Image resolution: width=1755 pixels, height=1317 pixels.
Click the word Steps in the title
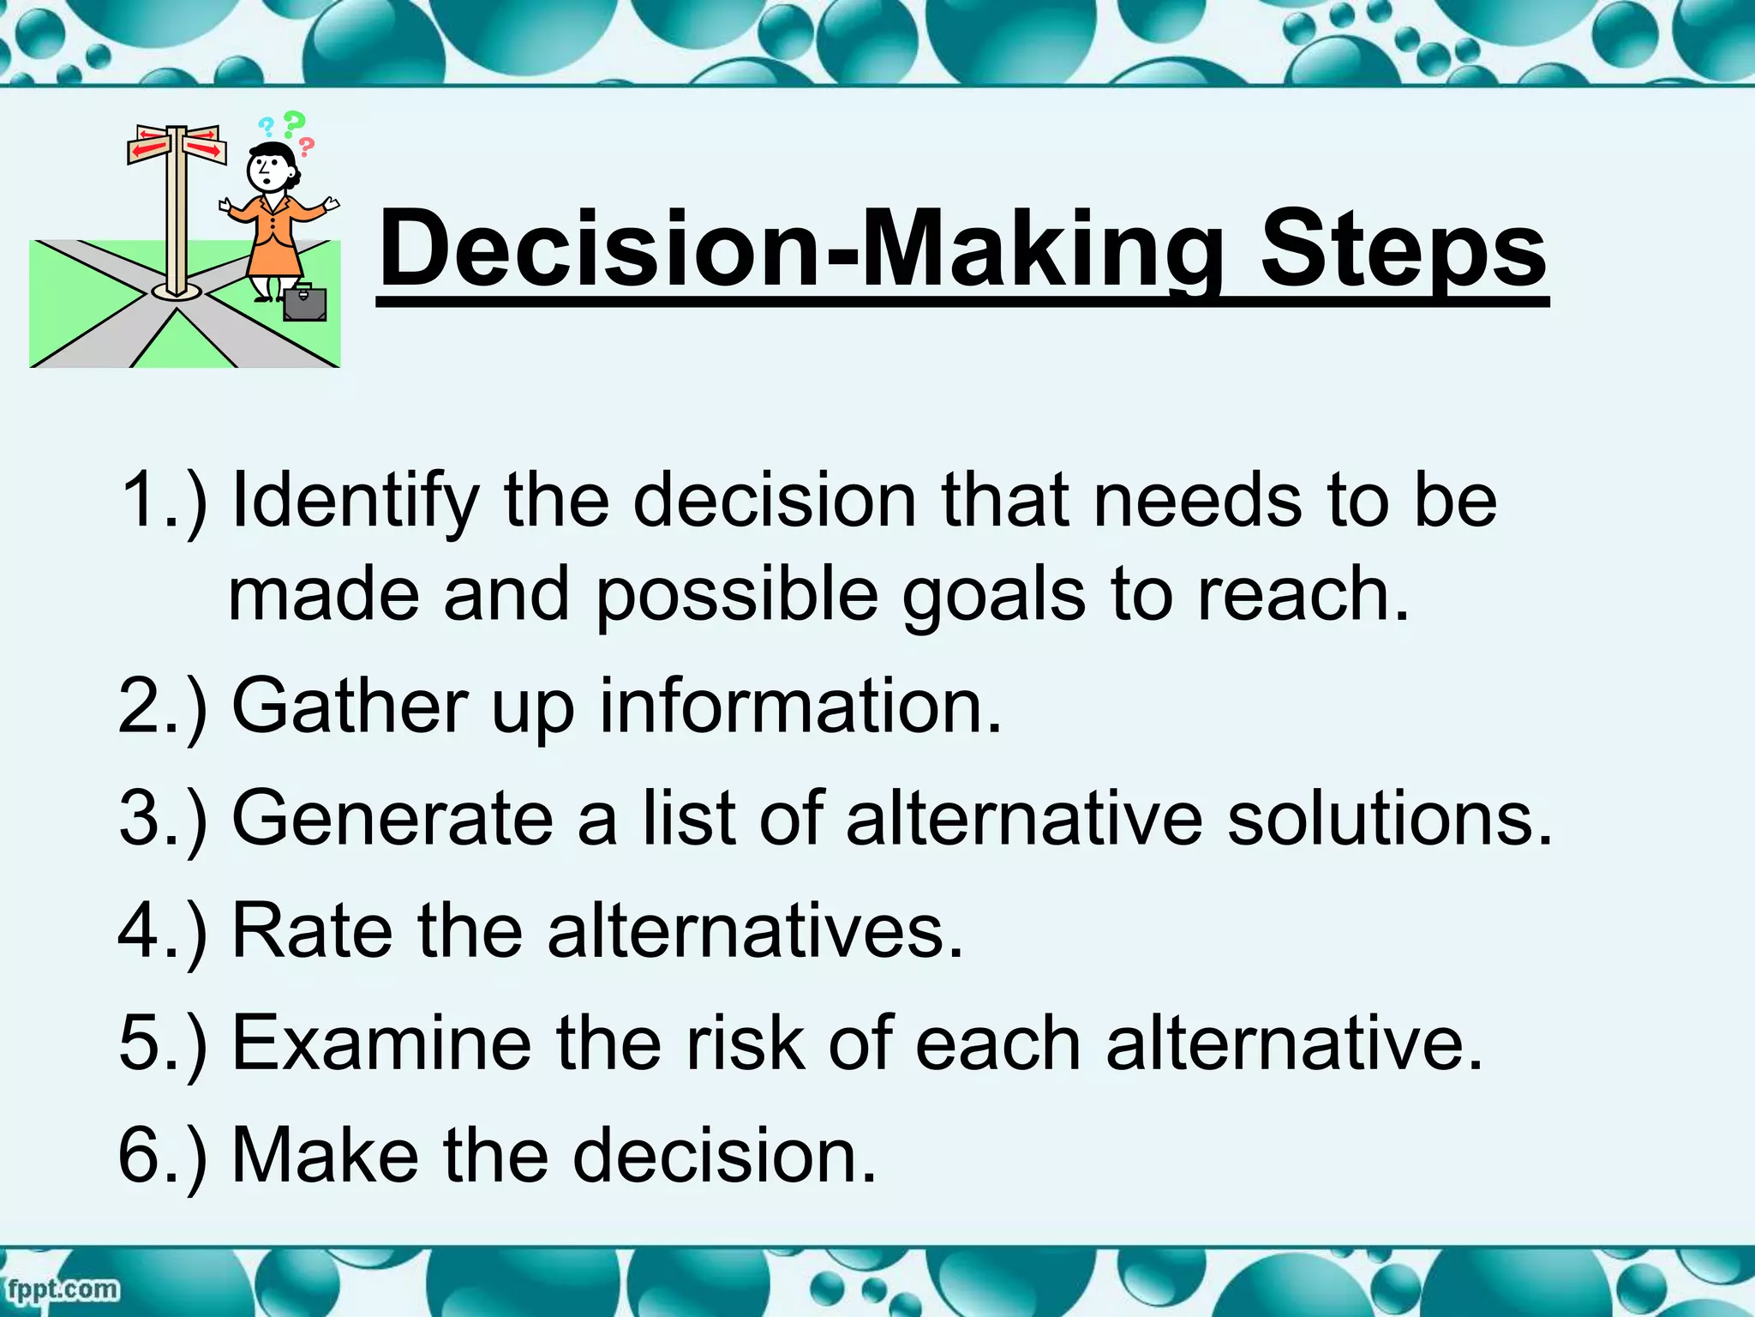pos(1403,250)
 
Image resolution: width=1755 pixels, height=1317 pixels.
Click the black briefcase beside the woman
pos(305,304)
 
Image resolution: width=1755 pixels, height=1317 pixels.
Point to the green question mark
pos(294,125)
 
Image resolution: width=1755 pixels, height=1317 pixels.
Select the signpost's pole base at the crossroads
pos(177,292)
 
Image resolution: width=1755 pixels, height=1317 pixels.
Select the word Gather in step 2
pos(350,707)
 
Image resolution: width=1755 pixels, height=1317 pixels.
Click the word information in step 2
pos(800,707)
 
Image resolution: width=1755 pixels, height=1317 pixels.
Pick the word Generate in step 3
pos(392,819)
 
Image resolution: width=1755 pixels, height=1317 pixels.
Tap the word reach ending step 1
pos(1302,596)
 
